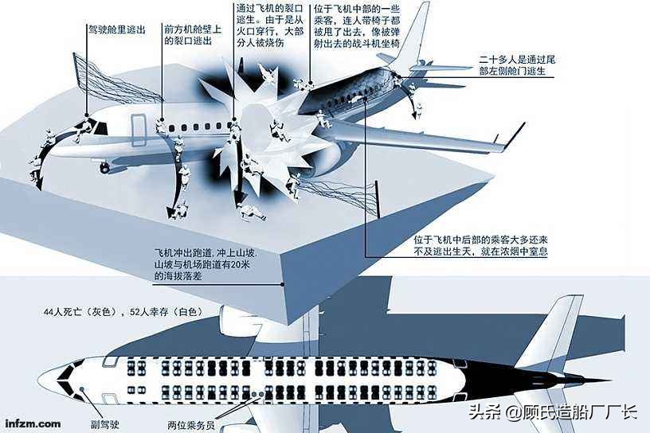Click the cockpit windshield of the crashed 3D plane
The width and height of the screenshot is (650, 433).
pyautogui.click(x=100, y=125)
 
